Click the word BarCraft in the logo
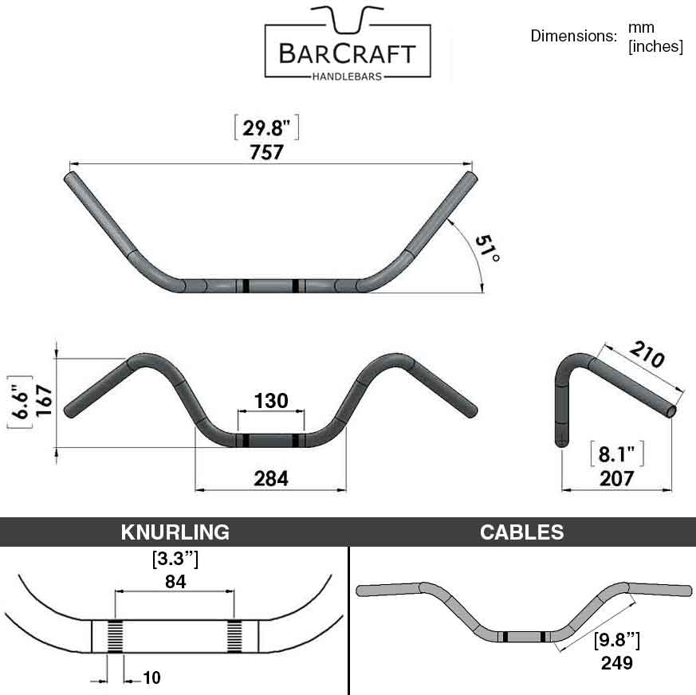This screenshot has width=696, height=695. [x=347, y=53]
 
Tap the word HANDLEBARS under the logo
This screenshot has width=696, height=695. [x=347, y=77]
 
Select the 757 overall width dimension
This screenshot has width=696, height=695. [x=266, y=152]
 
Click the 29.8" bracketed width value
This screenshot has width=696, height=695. [x=266, y=128]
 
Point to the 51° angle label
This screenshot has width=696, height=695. [x=487, y=248]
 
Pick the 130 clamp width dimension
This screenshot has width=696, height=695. [x=271, y=401]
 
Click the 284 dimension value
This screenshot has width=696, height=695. [x=271, y=478]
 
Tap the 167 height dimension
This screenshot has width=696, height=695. [x=44, y=401]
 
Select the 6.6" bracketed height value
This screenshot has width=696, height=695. [x=21, y=401]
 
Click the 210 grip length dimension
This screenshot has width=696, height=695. [x=647, y=354]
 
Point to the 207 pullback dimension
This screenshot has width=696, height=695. [x=616, y=479]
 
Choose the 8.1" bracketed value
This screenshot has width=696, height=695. [x=616, y=454]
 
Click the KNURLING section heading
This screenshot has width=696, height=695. [x=175, y=532]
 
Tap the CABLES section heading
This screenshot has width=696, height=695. [x=521, y=532]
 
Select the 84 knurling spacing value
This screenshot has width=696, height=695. [x=175, y=581]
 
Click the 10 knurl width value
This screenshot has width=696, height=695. [x=151, y=677]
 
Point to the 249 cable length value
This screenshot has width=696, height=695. [x=616, y=663]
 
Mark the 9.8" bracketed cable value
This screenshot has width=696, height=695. [x=617, y=640]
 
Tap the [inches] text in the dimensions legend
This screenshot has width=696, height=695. [x=655, y=46]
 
